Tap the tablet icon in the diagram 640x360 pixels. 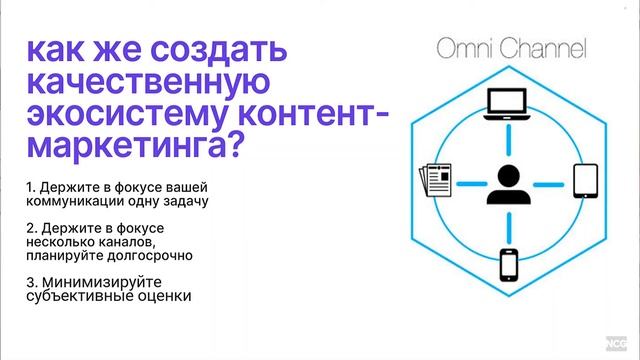(x=585, y=183)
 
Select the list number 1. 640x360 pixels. (x=32, y=188)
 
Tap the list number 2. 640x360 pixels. (x=32, y=230)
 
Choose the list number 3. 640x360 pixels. (x=32, y=283)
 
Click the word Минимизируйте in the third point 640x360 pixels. (x=96, y=283)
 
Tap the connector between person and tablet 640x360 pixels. (x=548, y=183)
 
